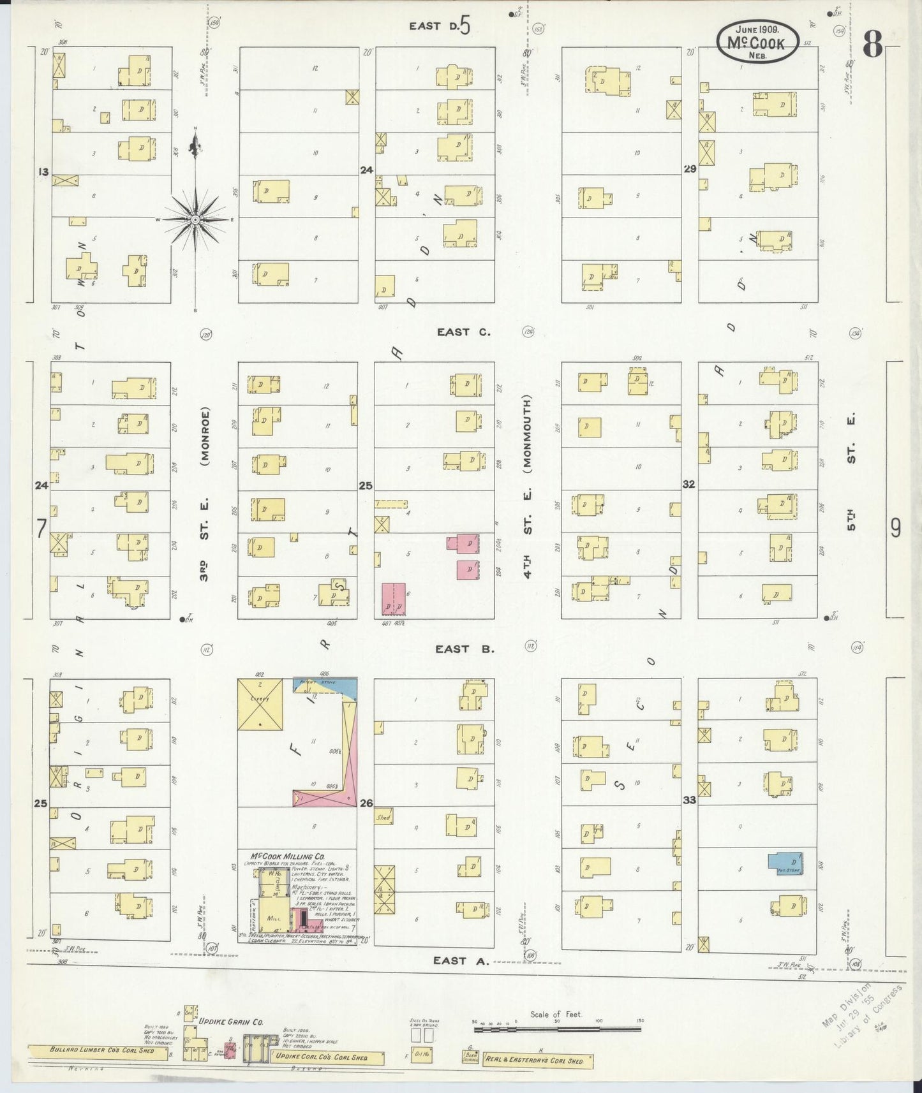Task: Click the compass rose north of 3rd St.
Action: [x=195, y=219]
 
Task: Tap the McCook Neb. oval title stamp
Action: [x=757, y=42]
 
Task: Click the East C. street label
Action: [x=464, y=332]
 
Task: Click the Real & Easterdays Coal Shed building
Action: [x=538, y=1060]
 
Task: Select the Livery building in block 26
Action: [x=260, y=703]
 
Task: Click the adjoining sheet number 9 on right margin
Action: [x=895, y=528]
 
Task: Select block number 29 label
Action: [x=690, y=169]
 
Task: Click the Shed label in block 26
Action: [x=383, y=816]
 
